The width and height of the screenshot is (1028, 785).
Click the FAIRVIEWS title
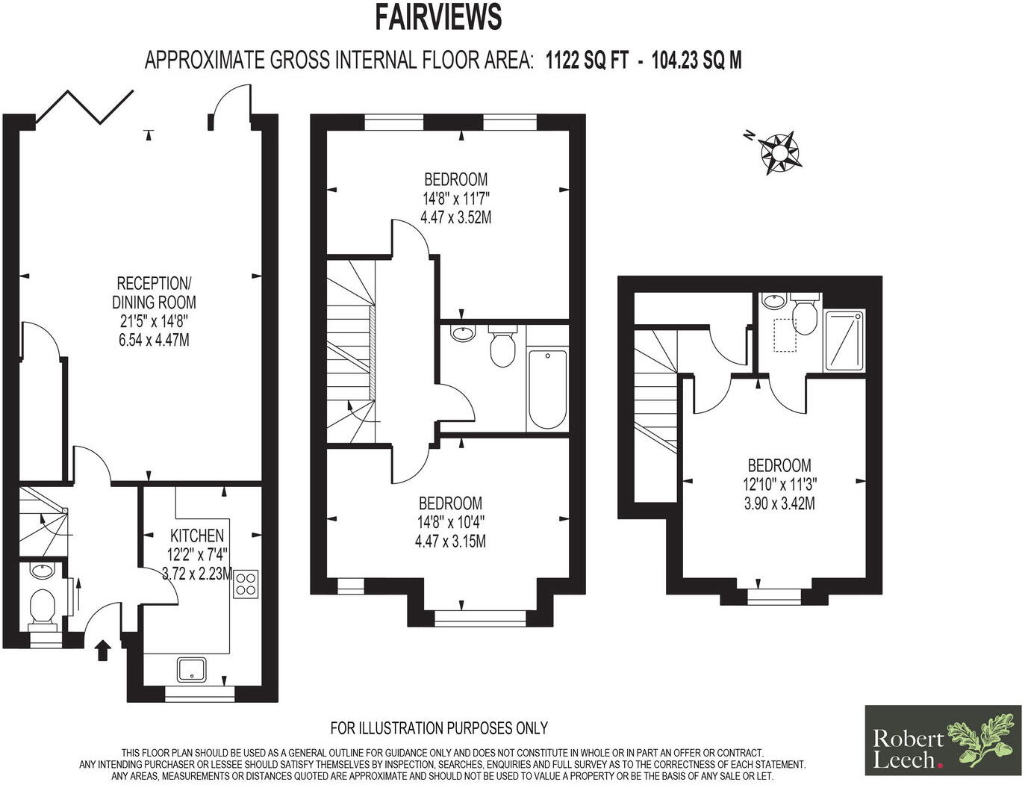click(437, 16)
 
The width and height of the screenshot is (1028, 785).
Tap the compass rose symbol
click(779, 152)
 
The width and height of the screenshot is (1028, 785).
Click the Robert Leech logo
click(942, 739)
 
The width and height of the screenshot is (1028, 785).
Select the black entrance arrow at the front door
click(102, 650)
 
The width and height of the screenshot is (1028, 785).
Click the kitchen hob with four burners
click(246, 583)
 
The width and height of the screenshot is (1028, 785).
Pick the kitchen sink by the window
click(193, 668)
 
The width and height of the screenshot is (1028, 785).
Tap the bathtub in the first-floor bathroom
click(547, 388)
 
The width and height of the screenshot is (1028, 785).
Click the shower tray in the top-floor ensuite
click(844, 341)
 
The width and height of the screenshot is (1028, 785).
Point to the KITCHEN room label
click(197, 536)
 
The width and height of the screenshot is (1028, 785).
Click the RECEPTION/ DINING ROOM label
click(154, 293)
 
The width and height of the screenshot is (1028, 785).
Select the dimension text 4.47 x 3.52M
click(455, 218)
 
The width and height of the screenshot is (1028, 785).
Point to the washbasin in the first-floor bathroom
click(464, 333)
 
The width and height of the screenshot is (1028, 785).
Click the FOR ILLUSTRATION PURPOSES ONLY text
click(439, 727)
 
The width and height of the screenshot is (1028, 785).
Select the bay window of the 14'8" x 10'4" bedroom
click(480, 617)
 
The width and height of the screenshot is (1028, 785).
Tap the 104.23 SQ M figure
click(697, 60)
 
